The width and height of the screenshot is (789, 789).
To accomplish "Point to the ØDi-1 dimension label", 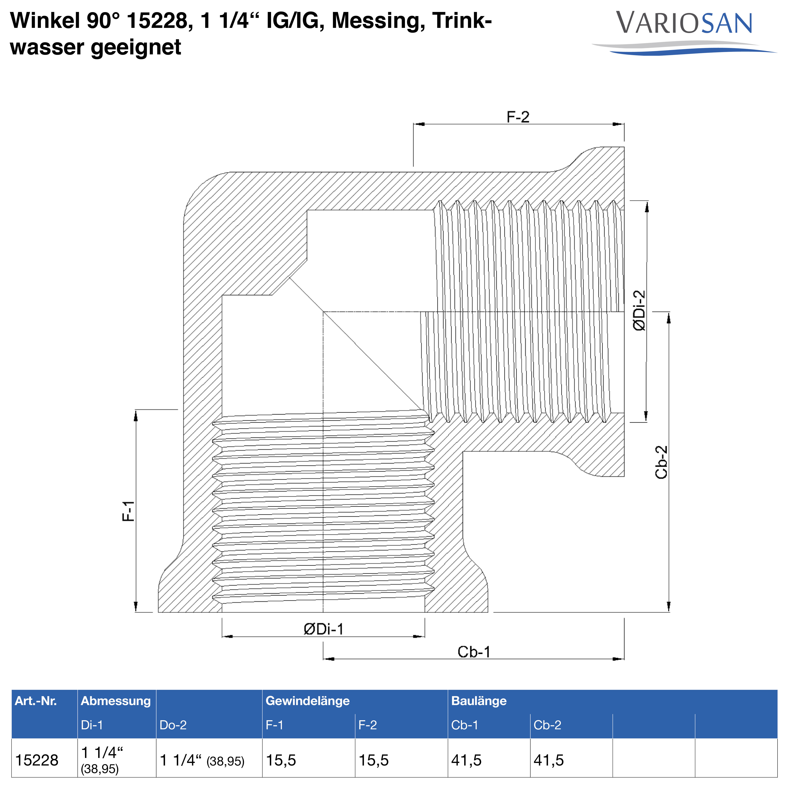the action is point(323,629).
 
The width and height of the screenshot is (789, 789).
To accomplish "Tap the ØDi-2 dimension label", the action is point(639,310).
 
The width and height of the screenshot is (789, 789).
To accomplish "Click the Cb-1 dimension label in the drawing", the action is point(474,652).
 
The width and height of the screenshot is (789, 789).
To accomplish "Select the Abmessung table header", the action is point(116,701).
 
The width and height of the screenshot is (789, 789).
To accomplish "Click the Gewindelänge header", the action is point(308,701).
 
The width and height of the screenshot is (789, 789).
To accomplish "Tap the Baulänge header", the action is point(479,701).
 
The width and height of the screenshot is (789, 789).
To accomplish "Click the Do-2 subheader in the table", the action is point(173,725).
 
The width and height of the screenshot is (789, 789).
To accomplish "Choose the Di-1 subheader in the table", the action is point(92,725).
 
